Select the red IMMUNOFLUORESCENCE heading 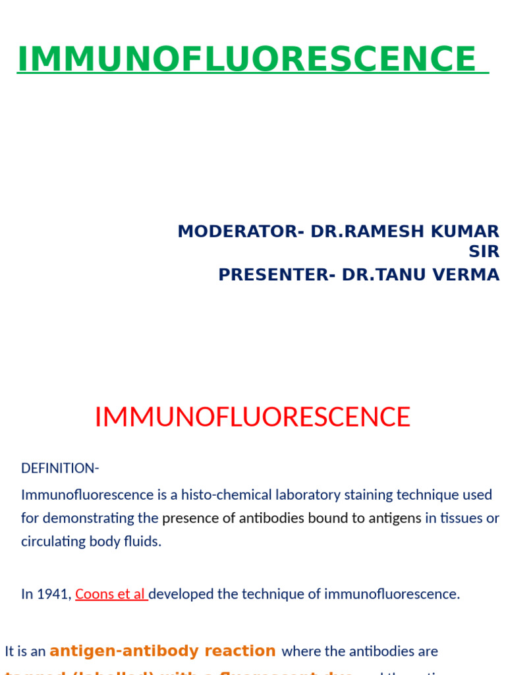pyautogui.click(x=252, y=417)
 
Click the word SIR pyautogui.click(x=484, y=251)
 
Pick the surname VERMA pyautogui.click(x=470, y=274)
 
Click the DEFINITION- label pyautogui.click(x=60, y=468)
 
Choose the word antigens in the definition pyautogui.click(x=396, y=518)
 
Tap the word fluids pyautogui.click(x=143, y=542)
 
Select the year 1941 pyautogui.click(x=55, y=594)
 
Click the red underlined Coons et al pyautogui.click(x=111, y=594)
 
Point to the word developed pyautogui.click(x=181, y=594)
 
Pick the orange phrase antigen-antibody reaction pyautogui.click(x=163, y=651)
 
